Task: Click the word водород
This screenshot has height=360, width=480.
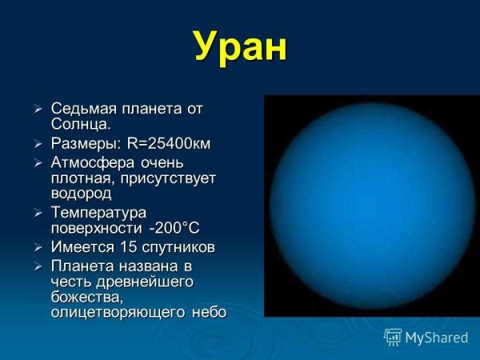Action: [x=81, y=193]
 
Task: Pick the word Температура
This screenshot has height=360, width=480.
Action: [x=98, y=213]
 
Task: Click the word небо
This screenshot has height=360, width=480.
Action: [x=210, y=312]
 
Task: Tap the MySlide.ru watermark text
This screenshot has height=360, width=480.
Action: [x=436, y=338]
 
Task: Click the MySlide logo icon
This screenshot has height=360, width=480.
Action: [x=393, y=337]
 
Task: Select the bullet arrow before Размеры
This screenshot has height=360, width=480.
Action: [x=38, y=144]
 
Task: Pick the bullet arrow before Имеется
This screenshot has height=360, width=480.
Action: [x=38, y=248]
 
